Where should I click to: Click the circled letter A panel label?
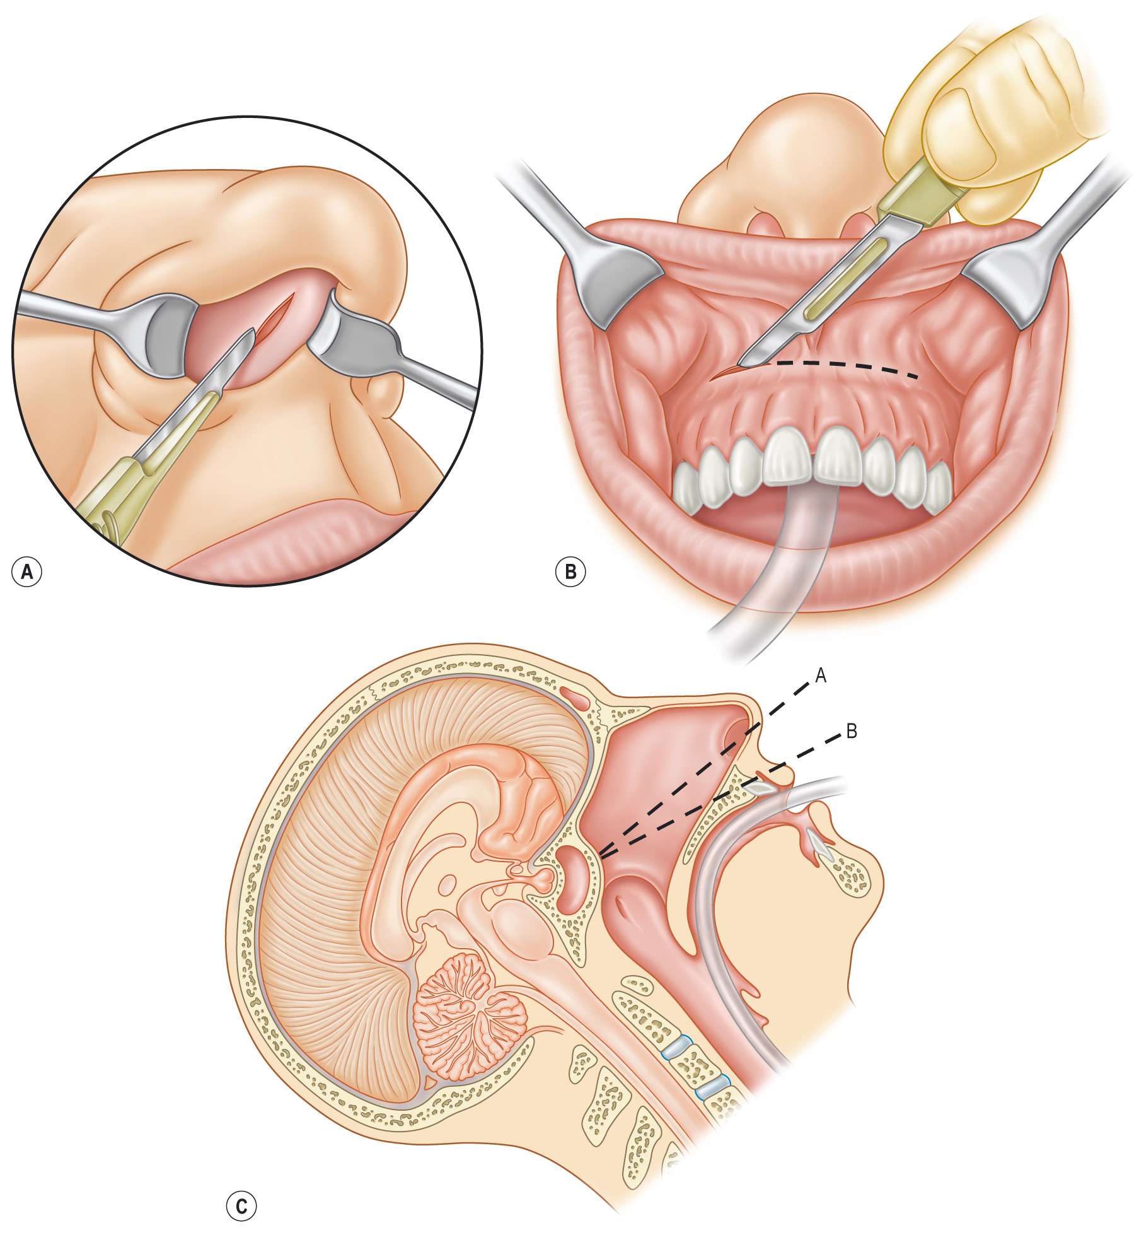click(x=26, y=571)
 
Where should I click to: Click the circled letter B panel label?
click(x=570, y=571)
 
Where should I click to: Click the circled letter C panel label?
click(x=241, y=1207)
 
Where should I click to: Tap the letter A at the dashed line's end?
click(x=820, y=676)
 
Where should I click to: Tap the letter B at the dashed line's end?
click(x=851, y=732)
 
